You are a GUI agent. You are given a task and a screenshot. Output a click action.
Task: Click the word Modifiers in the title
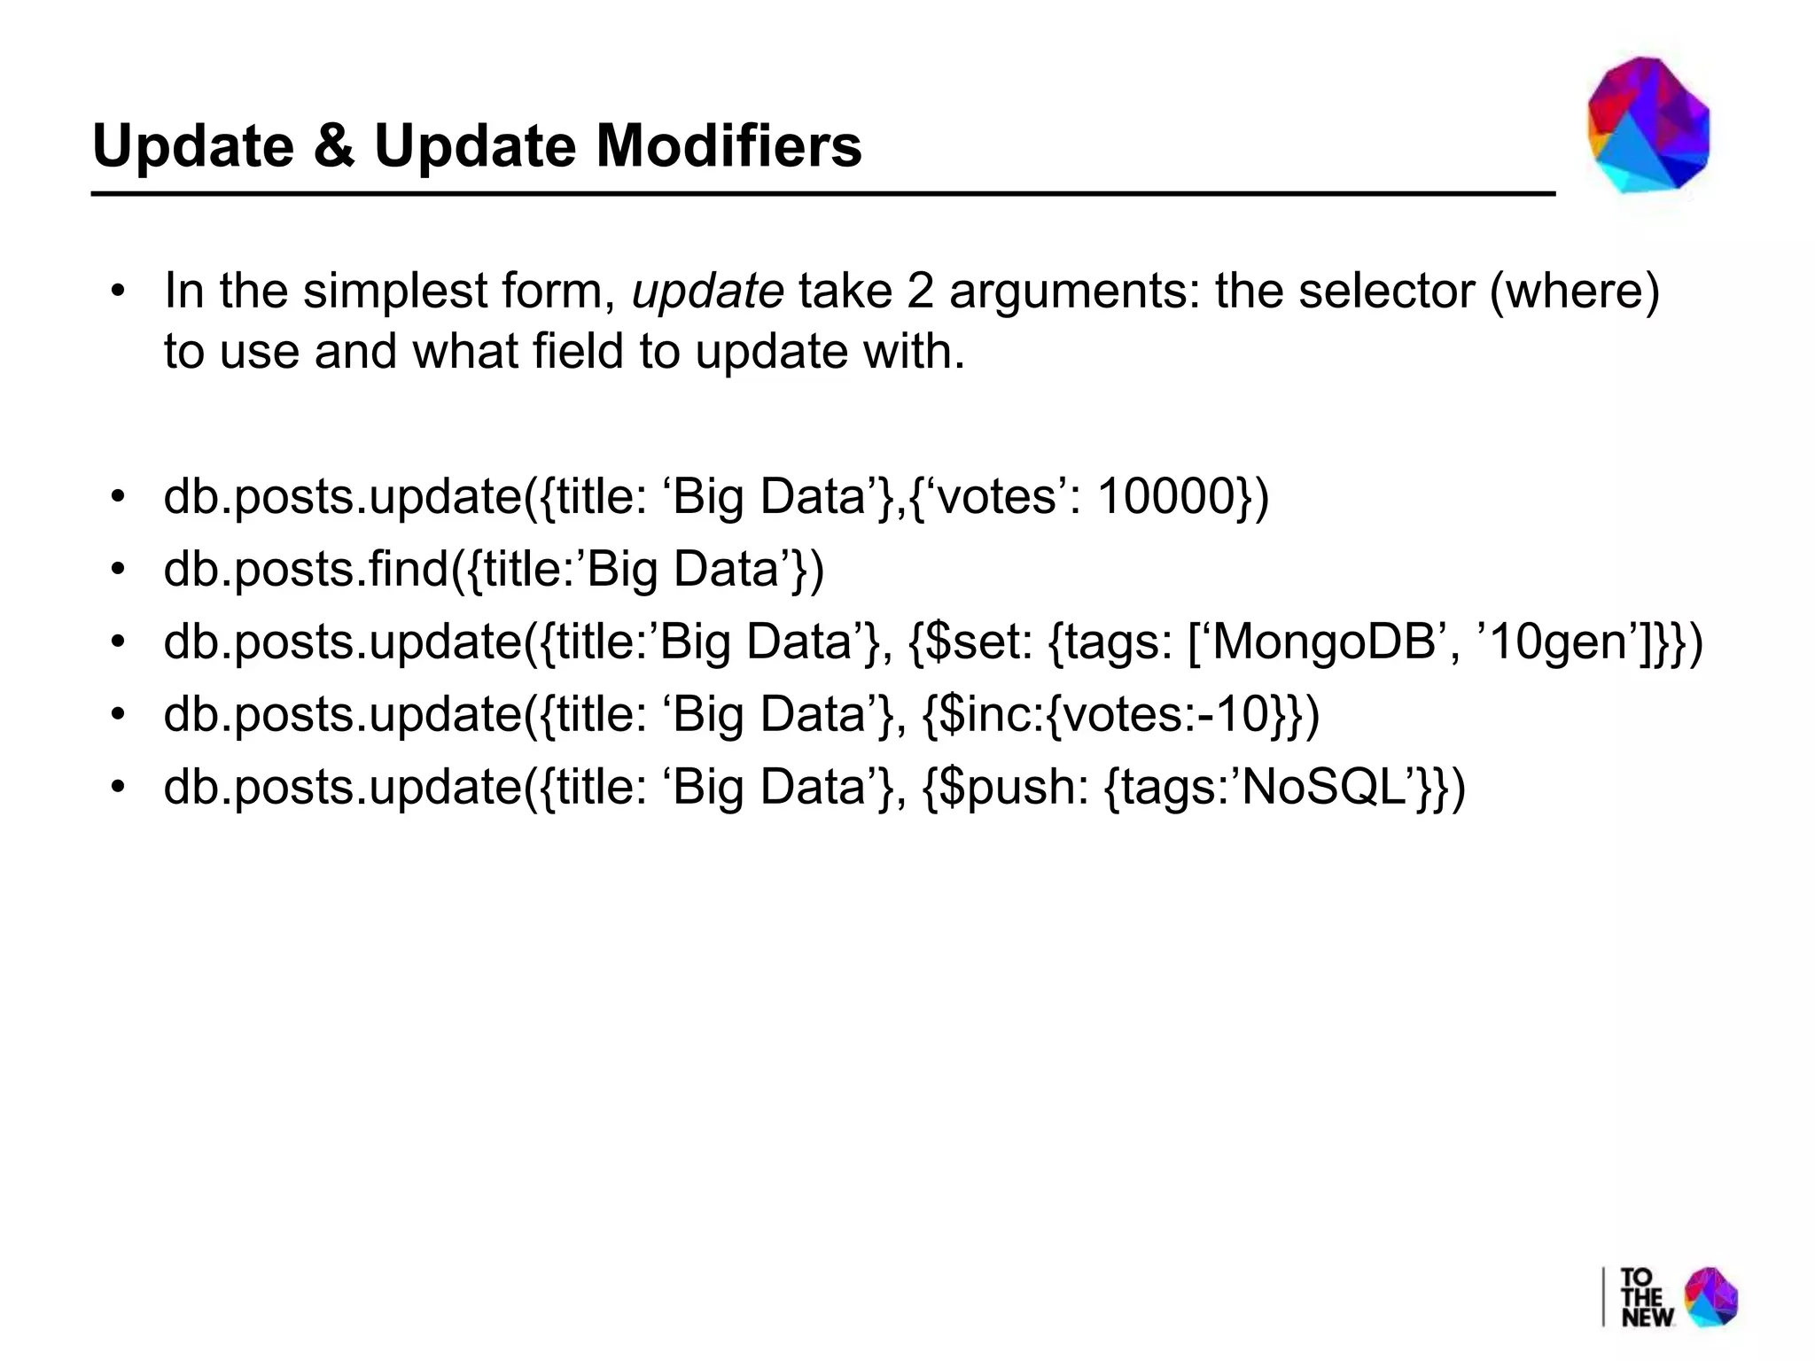pyautogui.click(x=728, y=145)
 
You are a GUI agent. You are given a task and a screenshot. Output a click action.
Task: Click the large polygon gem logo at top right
pyautogui.click(x=1648, y=125)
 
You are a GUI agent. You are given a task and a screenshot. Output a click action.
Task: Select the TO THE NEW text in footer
pyautogui.click(x=1646, y=1297)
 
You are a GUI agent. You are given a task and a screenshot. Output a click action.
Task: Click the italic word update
pyautogui.click(x=707, y=291)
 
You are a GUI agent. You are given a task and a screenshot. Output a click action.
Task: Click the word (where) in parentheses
pyautogui.click(x=1574, y=291)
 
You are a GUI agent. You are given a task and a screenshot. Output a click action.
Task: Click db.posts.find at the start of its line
pyautogui.click(x=307, y=569)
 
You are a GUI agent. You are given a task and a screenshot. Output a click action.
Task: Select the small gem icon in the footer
pyautogui.click(x=1711, y=1296)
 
